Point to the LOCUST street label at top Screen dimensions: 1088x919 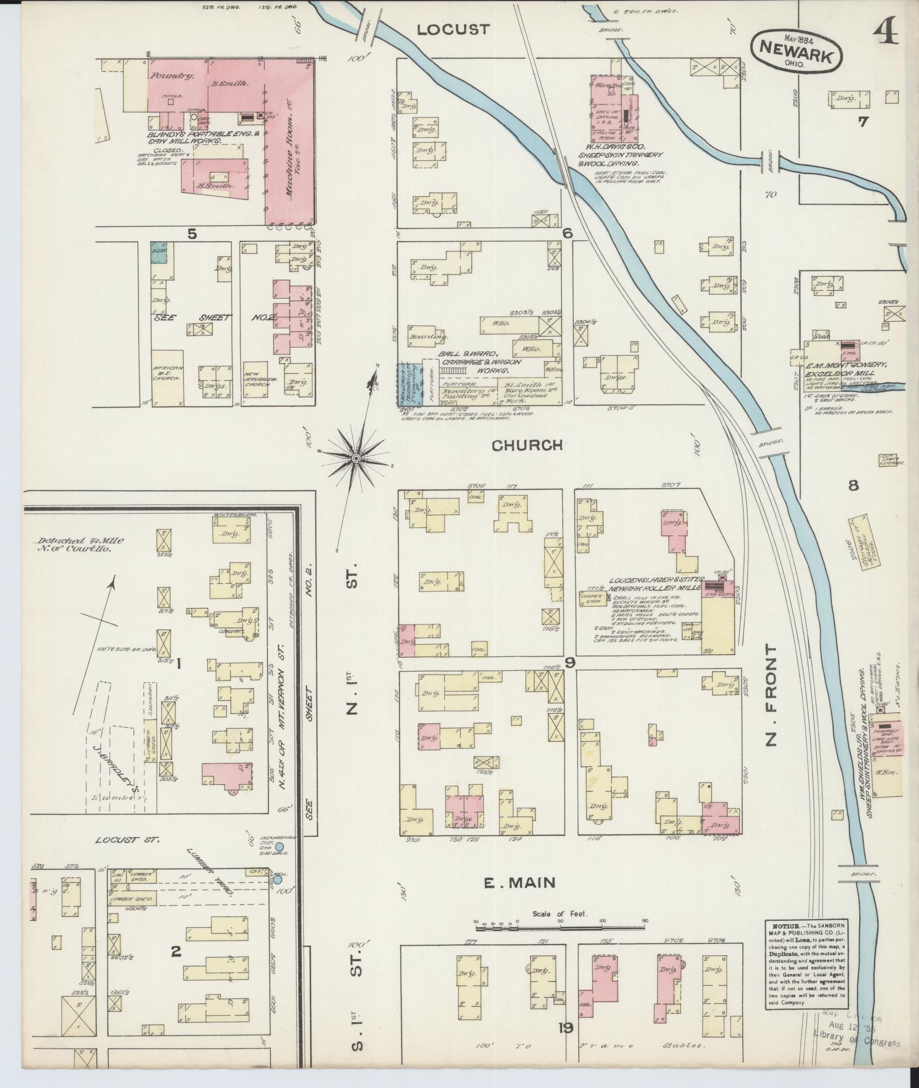coord(453,30)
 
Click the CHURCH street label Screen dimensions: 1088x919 coord(527,446)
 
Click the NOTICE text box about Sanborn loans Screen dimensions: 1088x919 coord(805,969)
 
